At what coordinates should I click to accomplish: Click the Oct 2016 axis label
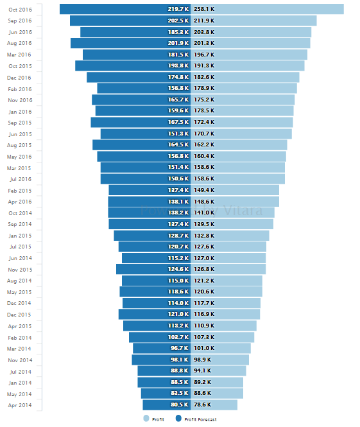(19, 9)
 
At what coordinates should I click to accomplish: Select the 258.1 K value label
(204, 9)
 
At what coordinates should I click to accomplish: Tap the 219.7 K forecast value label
(178, 9)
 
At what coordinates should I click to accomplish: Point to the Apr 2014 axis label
(19, 405)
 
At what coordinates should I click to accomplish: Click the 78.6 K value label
(202, 405)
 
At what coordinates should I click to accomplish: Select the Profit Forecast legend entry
(200, 419)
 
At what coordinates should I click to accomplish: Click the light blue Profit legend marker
(146, 419)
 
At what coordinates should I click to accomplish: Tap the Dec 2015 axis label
(19, 315)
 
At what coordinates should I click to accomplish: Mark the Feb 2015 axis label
(19, 191)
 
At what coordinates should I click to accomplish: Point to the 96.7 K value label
(180, 349)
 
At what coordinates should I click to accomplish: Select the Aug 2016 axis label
(19, 43)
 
